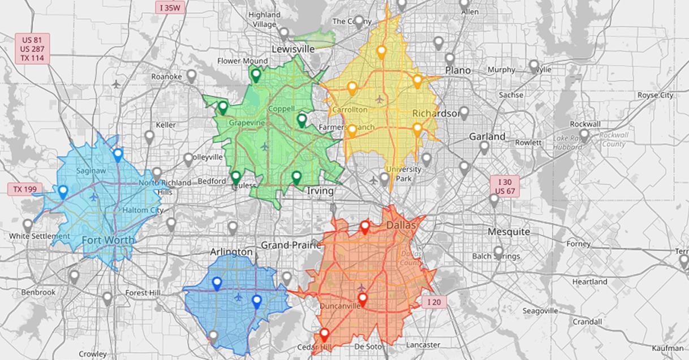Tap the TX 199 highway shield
point(21,189)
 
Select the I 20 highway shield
point(434,302)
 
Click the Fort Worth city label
point(109,240)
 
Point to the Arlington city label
point(231,251)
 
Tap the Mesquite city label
point(509,232)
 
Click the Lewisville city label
point(292,49)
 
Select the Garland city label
point(487,136)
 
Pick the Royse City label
point(656,95)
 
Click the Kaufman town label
point(667,348)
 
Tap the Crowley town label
point(93,354)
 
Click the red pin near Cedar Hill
point(325,334)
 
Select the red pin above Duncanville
point(363,298)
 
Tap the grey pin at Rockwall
point(584,135)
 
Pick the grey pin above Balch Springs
point(498,251)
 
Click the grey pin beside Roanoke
point(191,75)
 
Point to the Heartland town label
point(589,281)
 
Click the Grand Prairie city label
point(291,245)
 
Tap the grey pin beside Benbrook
point(74,276)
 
